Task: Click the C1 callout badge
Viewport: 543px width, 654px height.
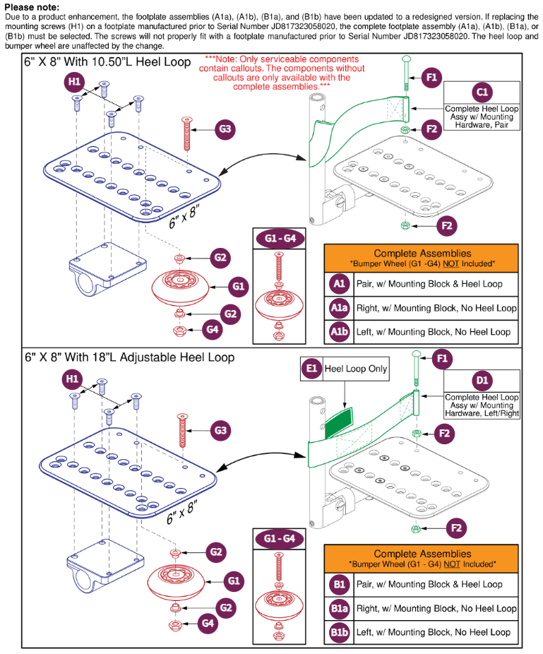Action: click(482, 92)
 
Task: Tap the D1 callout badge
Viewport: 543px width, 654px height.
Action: click(482, 381)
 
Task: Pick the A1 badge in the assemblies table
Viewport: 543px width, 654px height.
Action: click(339, 283)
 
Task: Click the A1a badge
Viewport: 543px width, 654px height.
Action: click(339, 307)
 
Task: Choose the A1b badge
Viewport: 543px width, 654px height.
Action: click(339, 331)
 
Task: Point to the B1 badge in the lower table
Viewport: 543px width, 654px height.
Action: click(339, 584)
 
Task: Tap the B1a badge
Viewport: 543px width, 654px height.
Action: click(339, 608)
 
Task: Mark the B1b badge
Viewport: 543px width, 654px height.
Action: click(339, 631)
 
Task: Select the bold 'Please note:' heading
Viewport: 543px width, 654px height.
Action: click(32, 7)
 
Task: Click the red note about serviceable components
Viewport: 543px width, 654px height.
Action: click(281, 73)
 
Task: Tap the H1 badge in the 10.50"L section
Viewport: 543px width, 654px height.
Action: click(73, 83)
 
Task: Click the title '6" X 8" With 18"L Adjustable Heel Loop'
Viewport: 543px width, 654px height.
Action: click(129, 357)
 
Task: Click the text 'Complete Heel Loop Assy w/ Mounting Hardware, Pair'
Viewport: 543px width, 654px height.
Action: click(482, 117)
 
